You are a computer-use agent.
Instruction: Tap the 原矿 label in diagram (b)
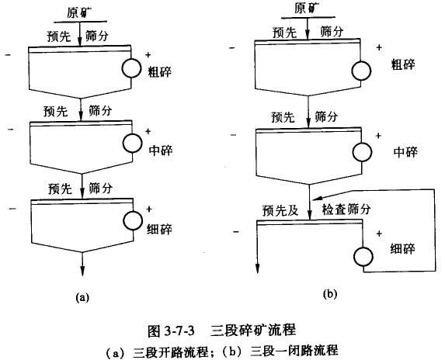[x=307, y=8]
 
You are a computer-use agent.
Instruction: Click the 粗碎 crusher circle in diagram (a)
[x=132, y=68]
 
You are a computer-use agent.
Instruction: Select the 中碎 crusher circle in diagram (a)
[x=132, y=143]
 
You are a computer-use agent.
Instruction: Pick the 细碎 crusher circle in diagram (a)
[x=133, y=220]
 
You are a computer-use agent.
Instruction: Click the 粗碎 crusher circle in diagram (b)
[x=361, y=71]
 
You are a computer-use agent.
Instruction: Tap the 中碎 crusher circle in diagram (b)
[x=362, y=152]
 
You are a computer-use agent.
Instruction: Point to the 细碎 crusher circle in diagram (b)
[x=363, y=257]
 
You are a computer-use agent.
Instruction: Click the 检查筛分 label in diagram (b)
[x=346, y=209]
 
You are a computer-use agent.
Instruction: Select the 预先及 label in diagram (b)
[x=280, y=210]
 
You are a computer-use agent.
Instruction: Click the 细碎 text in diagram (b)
[x=403, y=248]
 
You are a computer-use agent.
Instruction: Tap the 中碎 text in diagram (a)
[x=161, y=150]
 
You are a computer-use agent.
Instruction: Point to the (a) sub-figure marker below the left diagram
[x=82, y=297]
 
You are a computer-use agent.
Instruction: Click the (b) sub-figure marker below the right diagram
[x=330, y=294]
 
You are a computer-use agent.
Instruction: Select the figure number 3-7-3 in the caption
[x=179, y=331]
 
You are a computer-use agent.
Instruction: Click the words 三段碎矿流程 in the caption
[x=253, y=331]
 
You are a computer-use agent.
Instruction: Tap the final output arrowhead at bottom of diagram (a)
[x=82, y=271]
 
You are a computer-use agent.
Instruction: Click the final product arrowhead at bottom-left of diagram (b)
[x=257, y=268]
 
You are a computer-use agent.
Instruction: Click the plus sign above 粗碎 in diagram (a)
[x=148, y=55]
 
